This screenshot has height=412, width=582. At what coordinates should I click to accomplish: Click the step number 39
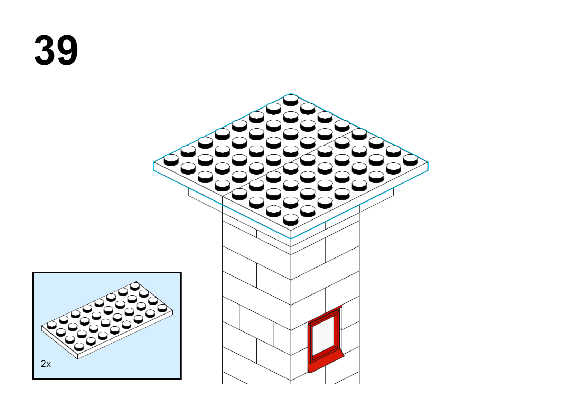(56, 50)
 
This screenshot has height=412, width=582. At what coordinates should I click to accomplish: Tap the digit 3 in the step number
(45, 50)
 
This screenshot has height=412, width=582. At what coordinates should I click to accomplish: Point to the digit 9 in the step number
(67, 50)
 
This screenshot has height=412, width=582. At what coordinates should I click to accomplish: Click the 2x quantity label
(46, 364)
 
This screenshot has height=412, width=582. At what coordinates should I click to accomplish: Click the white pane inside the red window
(323, 336)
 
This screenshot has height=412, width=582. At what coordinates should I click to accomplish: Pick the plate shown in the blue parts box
(107, 320)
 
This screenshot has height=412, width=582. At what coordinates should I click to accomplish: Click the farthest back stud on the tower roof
(291, 100)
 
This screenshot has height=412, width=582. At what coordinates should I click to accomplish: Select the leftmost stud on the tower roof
(171, 159)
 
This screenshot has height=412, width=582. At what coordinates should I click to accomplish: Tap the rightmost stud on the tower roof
(411, 159)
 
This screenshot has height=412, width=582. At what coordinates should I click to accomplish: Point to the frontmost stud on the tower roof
(291, 219)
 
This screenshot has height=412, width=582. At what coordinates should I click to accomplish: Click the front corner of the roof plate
(291, 238)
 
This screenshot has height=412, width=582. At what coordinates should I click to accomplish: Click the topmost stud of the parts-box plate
(135, 286)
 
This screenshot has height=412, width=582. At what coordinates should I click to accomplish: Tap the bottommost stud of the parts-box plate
(79, 347)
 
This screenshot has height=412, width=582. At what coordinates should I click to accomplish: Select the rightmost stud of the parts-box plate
(162, 308)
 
